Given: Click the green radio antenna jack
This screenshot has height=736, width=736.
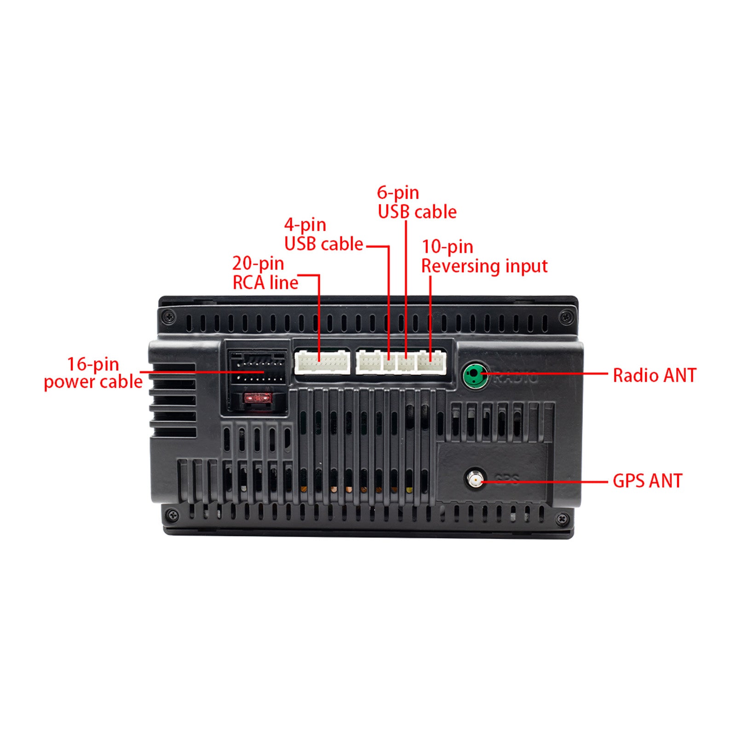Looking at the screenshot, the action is pos(475,375).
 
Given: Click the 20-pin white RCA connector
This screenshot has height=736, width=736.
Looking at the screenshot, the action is pos(322,362).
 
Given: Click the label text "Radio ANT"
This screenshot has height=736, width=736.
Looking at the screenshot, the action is pos(655,375).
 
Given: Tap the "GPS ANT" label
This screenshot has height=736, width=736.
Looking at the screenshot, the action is pos(647,481).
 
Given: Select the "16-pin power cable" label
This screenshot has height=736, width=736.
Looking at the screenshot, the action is pos(93,373).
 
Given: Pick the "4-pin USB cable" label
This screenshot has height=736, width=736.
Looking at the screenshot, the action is pos(323,235).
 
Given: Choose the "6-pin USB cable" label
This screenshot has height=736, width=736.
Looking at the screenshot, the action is pos(417,202).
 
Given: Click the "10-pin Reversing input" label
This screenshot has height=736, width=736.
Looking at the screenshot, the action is pos(484,257).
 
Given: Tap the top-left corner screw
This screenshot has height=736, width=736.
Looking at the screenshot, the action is pos(170,316).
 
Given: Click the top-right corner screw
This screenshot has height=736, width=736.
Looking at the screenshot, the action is pos(566,316).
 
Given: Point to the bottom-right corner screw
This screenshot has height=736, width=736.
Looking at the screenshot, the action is pos(563,519).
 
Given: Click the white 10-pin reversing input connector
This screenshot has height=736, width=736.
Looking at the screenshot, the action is pos(431,362).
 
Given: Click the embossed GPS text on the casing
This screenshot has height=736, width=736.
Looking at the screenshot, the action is pos(506,479).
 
